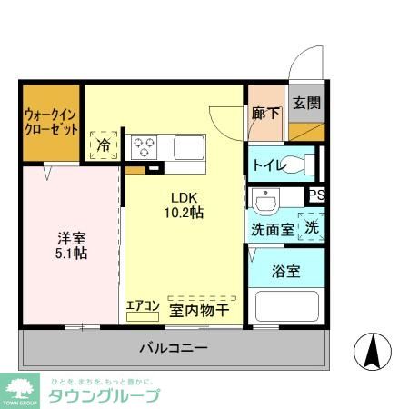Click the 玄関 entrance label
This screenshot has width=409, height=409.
(x=306, y=103)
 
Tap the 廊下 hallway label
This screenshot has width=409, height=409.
(x=265, y=115)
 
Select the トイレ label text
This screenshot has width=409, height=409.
(x=269, y=165)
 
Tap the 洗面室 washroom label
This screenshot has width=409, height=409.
(x=272, y=230)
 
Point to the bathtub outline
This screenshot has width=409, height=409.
(x=285, y=305)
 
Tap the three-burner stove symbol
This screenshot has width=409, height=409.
(x=144, y=145)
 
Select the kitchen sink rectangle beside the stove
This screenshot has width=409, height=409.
(x=192, y=146)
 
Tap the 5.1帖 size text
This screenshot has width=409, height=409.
(x=68, y=254)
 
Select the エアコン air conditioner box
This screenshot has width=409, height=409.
(x=144, y=307)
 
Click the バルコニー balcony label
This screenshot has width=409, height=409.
(x=174, y=348)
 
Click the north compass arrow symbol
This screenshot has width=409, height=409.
(x=372, y=351)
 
